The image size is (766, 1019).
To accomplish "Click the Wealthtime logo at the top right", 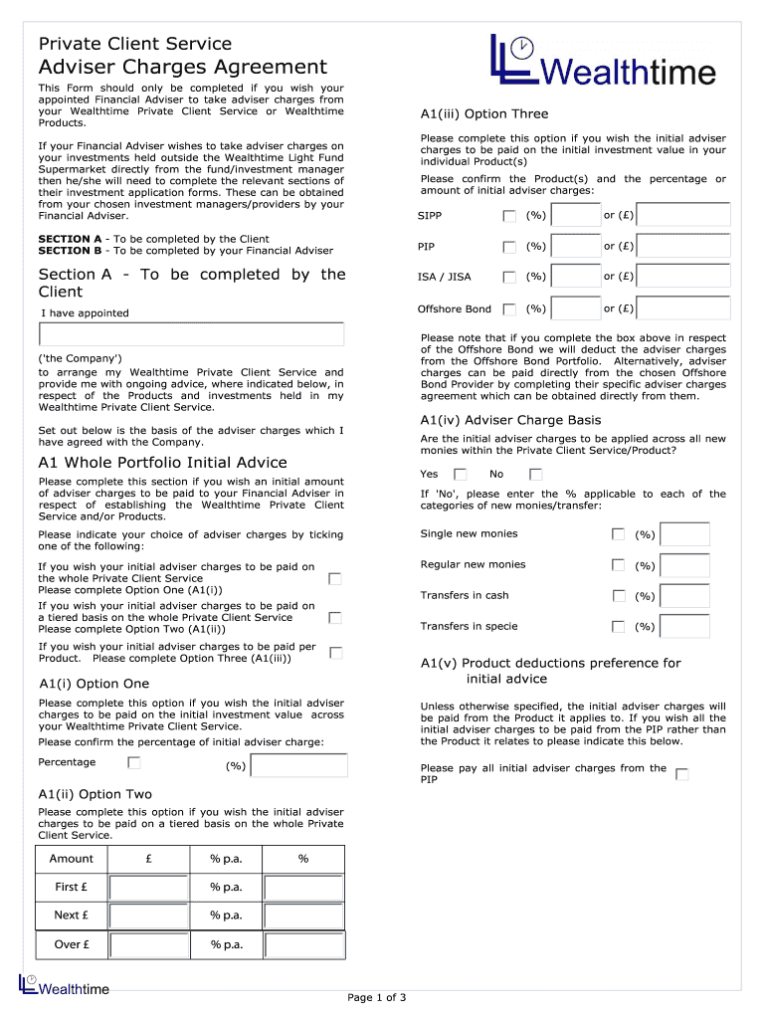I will coord(603,62).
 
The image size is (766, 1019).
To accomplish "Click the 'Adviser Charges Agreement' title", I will coord(182,67).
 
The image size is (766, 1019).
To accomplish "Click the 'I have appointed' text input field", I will coord(191,333).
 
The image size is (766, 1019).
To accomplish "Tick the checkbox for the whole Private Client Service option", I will coord(335,578).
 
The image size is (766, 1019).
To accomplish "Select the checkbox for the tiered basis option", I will coord(335,617).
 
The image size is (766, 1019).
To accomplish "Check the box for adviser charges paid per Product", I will coord(335,653).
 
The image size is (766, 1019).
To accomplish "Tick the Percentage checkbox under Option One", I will coord(134,763).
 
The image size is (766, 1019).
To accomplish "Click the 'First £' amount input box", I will coord(148,888).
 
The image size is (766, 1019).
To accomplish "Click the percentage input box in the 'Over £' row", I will coord(303,945).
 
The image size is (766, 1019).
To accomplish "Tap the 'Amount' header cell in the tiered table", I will coord(72,859).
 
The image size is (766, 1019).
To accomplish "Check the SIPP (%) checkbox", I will coord(509,216).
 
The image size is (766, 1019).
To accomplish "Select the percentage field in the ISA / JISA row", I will coord(575,277).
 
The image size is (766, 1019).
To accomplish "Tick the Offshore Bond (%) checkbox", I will coord(509,309).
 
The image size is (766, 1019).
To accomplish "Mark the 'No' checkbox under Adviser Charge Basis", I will coord(535,475).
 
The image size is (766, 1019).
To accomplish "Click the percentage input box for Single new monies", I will coord(684,535).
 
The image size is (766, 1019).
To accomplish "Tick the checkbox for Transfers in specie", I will coord(618,627).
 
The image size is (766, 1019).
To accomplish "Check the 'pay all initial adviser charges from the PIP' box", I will coord(681,774).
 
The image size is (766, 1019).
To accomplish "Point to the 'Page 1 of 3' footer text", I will coord(377,998).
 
